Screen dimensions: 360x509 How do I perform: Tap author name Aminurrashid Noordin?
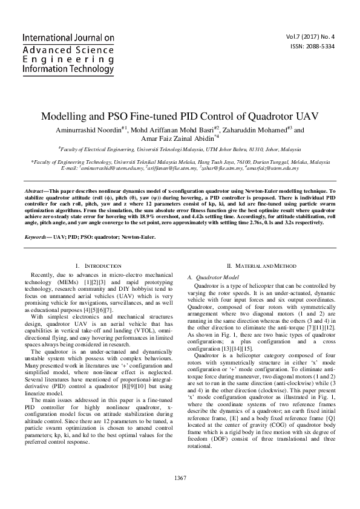86,129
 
